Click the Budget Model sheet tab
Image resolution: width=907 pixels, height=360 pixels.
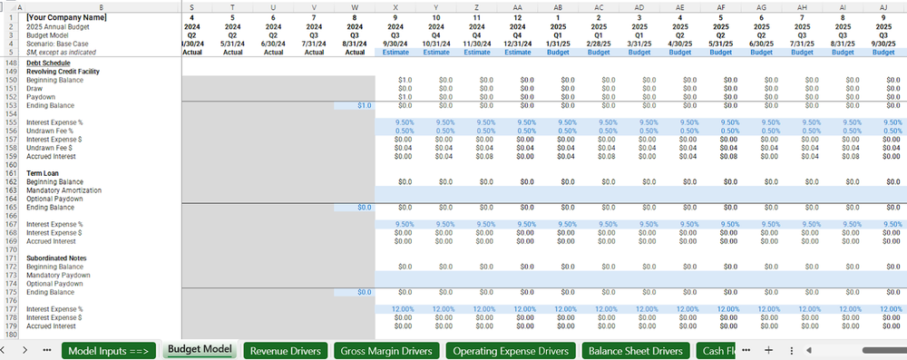click(x=199, y=349)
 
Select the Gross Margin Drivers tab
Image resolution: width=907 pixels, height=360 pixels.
click(x=385, y=350)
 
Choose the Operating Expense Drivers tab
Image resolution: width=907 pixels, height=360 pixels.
click(x=512, y=350)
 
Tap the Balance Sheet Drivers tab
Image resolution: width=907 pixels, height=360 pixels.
click(x=636, y=350)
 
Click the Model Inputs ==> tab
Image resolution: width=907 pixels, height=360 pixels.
click(x=109, y=350)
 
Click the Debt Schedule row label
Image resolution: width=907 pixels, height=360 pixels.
click(x=46, y=63)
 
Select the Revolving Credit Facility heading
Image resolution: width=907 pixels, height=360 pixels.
click(x=63, y=71)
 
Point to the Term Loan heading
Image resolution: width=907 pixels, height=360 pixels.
click(x=42, y=172)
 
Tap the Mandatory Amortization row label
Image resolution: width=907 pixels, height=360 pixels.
click(x=63, y=190)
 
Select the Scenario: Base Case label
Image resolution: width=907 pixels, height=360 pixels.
click(x=57, y=44)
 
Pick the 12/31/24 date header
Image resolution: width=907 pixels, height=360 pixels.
click(x=517, y=44)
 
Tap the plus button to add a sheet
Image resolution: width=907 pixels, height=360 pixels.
click(x=768, y=350)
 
